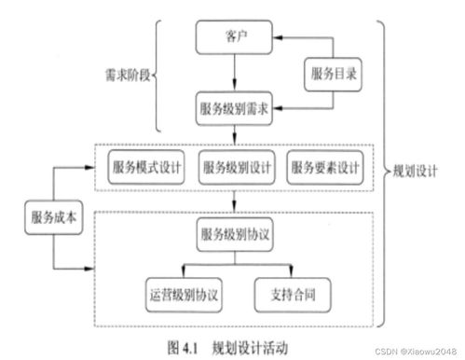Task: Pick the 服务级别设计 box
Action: pos(236,169)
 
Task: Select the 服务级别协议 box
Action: pos(235,234)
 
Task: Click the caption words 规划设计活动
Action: pos(250,345)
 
